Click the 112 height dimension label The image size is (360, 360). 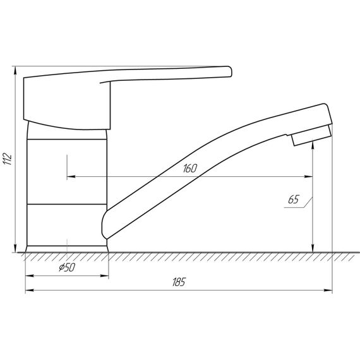coord(7,158)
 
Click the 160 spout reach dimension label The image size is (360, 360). coord(190,168)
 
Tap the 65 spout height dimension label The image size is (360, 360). coord(294,200)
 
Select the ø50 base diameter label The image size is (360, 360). coord(67,267)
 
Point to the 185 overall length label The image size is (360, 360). coord(179,282)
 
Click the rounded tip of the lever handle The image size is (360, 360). coord(230,71)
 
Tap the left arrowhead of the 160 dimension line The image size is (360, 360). coord(71,177)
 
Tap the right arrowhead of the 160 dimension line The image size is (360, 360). coord(308,177)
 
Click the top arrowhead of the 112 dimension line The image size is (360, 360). coord(15,71)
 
